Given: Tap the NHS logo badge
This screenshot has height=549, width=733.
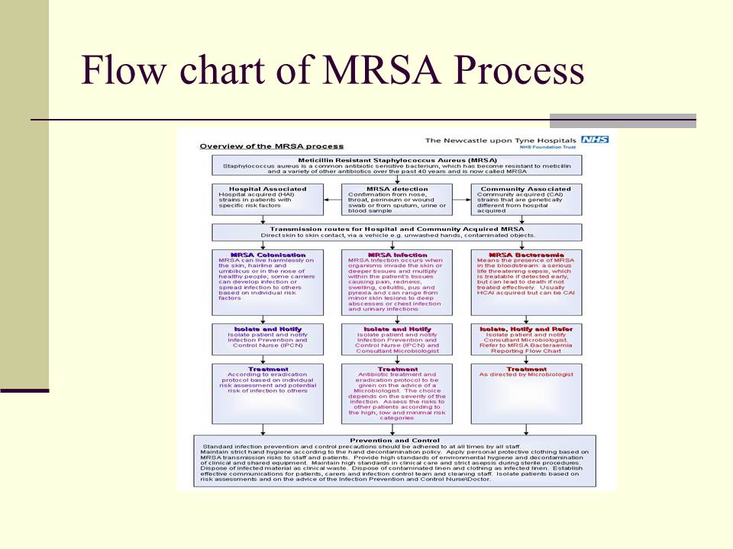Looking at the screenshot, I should pos(595,140).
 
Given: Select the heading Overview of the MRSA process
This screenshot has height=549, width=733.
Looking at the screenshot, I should pos(271,146).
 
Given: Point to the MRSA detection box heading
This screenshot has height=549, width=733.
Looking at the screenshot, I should pos(397,188).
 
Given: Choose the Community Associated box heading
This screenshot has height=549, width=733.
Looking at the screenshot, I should pos(526,188).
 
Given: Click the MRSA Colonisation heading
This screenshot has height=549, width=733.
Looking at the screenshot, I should pos(263,255).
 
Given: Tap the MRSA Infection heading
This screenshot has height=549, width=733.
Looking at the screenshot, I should pos(397,255).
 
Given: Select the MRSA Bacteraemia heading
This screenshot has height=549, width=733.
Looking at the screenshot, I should pos(526,255).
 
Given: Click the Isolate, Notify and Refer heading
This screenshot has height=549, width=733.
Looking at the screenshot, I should pos(526,329).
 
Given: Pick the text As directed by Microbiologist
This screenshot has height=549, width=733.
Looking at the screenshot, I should pos(526,375).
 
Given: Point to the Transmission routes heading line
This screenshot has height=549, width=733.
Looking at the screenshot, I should pos(397,229).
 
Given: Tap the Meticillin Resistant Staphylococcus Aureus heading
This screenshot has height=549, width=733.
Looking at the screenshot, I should pos(397,159).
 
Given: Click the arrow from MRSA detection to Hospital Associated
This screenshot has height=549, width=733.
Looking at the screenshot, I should pos(331,200).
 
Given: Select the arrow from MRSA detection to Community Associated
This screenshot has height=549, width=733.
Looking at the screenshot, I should pos(463,200).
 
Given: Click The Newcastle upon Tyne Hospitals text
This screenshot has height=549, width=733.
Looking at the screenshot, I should pos(500,140).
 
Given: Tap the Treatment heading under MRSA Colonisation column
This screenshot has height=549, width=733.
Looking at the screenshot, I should pos(263,369).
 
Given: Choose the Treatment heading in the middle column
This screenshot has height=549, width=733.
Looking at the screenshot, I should pos(397,369).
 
